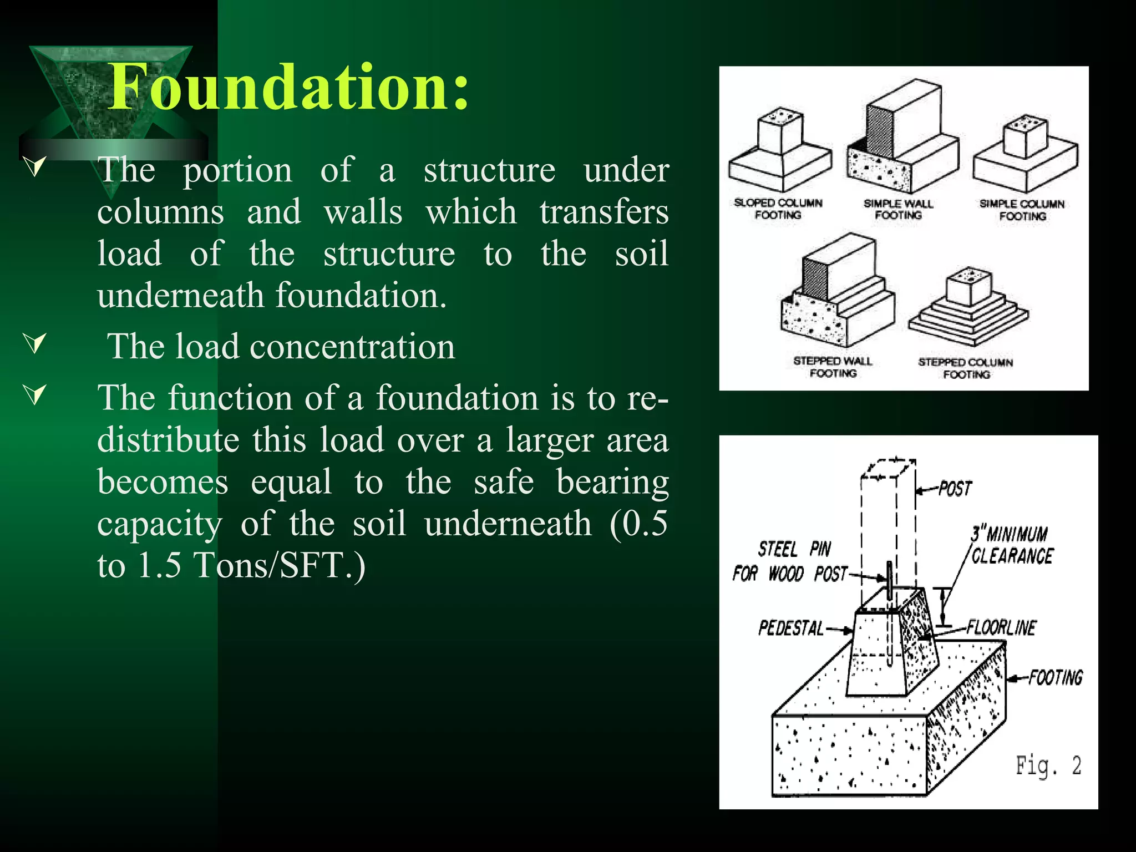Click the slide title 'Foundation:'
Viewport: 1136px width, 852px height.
289,87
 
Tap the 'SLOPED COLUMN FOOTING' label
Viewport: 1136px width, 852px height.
778,209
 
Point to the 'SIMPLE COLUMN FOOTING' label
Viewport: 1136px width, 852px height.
1022,210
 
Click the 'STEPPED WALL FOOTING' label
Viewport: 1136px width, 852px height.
833,367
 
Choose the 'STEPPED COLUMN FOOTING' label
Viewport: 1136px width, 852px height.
966,368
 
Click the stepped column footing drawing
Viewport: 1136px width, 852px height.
968,308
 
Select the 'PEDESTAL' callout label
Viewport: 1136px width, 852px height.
791,628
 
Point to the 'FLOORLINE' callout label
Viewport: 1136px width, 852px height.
1001,628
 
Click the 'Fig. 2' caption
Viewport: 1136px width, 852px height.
1048,766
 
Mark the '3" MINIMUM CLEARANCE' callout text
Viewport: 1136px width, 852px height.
1011,545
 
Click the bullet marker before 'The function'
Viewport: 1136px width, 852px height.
35,395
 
